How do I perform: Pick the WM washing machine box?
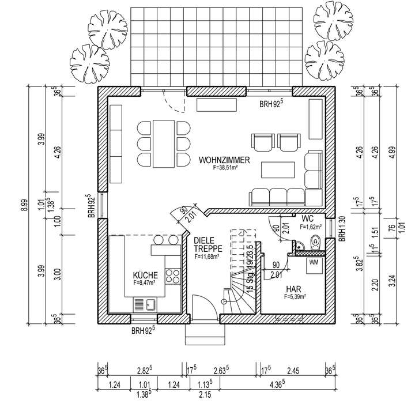[x=314, y=262]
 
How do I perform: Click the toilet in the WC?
[x=314, y=246]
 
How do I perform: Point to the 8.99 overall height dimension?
[x=24, y=205]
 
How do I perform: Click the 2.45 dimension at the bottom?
[x=295, y=372]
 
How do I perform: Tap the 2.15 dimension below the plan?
[x=205, y=394]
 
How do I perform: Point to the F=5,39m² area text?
[x=295, y=297]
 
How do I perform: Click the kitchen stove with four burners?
[x=172, y=276]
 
